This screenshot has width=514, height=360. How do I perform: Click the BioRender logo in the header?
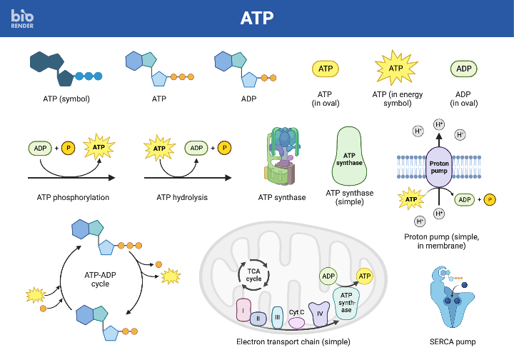(x=22, y=18)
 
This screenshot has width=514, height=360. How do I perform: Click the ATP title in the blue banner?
(x=257, y=18)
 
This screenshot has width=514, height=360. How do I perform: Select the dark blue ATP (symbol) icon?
(x=64, y=69)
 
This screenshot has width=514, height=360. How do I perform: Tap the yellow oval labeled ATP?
(x=326, y=69)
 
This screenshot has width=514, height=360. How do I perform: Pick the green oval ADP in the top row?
(x=463, y=69)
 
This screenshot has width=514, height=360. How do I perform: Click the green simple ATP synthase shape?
(x=349, y=158)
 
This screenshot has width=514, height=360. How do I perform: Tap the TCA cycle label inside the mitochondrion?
(x=254, y=274)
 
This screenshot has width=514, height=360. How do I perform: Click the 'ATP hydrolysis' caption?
(x=182, y=197)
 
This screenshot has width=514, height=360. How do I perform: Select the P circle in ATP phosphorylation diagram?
(x=69, y=149)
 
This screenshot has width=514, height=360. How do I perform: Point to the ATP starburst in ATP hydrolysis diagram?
(x=159, y=149)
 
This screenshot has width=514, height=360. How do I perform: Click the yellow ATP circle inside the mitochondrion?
(x=364, y=276)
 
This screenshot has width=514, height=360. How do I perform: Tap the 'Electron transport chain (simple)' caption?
(x=293, y=341)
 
